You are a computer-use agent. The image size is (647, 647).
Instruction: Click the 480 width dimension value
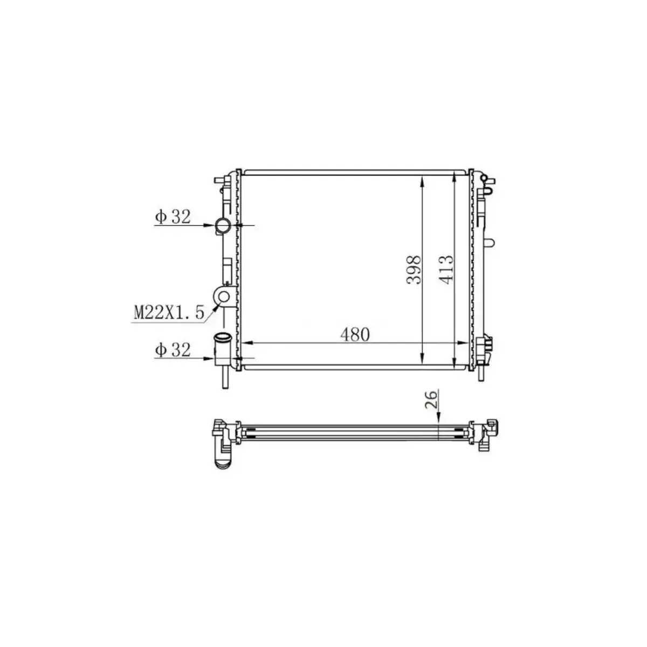point(355,334)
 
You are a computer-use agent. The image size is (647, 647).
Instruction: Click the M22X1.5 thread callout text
point(169,312)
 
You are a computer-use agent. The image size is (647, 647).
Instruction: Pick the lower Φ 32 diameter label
point(173,350)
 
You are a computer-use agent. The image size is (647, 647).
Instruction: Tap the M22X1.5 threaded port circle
point(223,295)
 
